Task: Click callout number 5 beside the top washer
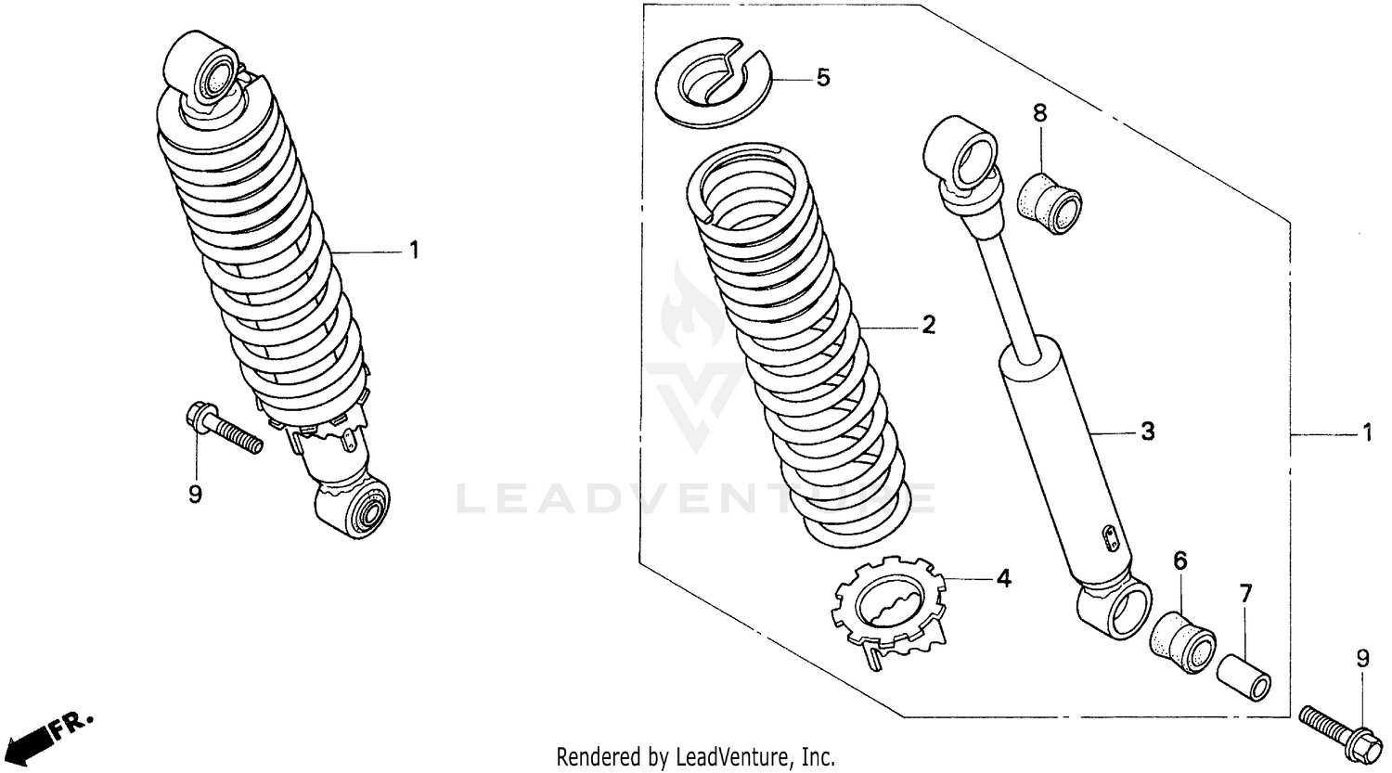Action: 822,77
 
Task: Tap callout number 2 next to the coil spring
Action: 928,325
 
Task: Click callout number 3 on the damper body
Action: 1147,432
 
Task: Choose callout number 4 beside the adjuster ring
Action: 1002,579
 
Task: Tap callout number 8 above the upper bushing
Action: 1039,113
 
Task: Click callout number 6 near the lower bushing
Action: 1179,560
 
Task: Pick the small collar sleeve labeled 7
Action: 1244,679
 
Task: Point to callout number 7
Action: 1245,592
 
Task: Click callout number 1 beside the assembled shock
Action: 414,251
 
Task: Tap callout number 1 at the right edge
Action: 1366,432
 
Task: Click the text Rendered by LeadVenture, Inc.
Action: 695,756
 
